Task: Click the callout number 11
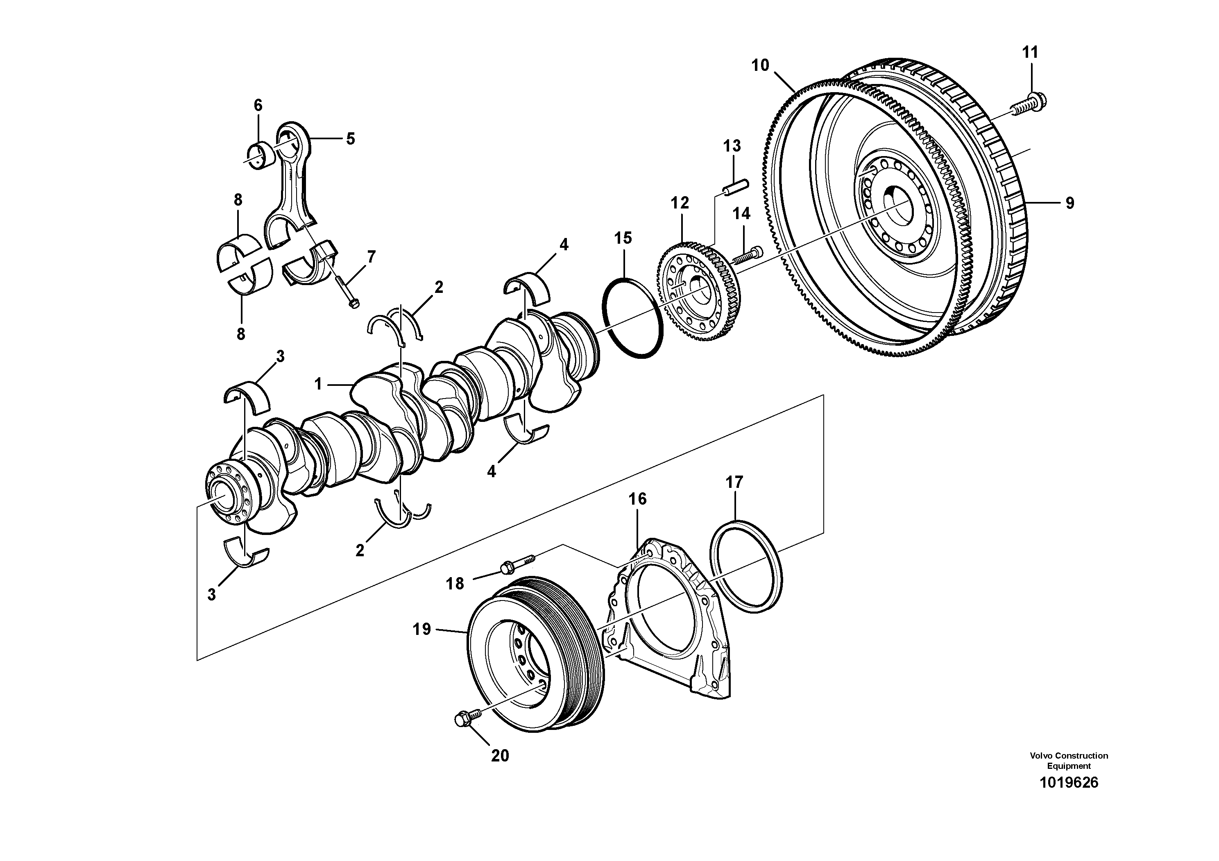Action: pos(1030,52)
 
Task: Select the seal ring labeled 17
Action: pos(746,568)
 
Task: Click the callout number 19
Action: pos(422,630)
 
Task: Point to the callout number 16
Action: pos(638,499)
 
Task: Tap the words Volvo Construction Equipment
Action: pos(1069,760)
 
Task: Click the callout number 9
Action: pos(1069,203)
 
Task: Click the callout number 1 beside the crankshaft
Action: pos(318,384)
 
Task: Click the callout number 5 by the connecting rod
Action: pos(350,139)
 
